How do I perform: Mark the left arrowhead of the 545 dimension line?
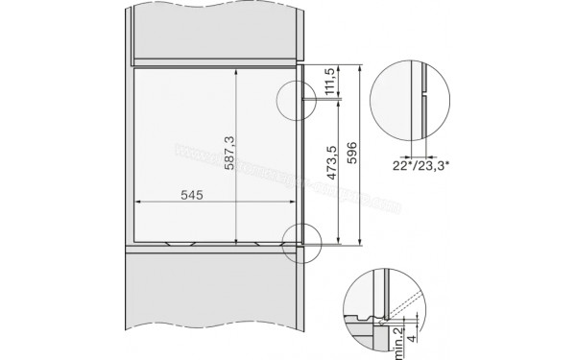click(134, 202)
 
